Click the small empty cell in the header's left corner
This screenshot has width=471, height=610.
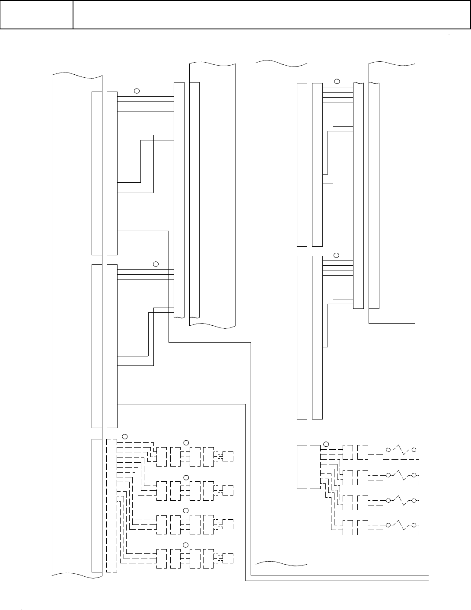[x=36, y=15]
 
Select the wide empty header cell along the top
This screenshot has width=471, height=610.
[x=271, y=15]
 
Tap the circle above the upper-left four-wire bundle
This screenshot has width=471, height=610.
[x=137, y=91]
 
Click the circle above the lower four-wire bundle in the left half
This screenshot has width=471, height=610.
[x=156, y=264]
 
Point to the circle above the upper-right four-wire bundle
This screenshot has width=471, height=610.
[x=337, y=81]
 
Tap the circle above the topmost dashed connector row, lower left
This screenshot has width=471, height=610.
[x=186, y=442]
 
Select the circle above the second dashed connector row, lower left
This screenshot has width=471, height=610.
[x=186, y=477]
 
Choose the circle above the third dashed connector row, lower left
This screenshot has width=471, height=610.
[x=186, y=511]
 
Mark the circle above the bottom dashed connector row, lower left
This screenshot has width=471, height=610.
[x=186, y=544]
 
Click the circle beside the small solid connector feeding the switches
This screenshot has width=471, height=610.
[x=326, y=443]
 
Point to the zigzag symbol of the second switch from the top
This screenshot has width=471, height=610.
[x=401, y=474]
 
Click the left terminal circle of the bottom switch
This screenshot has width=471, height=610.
[x=388, y=525]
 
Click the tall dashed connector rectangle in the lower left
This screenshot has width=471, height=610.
[x=111, y=505]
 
